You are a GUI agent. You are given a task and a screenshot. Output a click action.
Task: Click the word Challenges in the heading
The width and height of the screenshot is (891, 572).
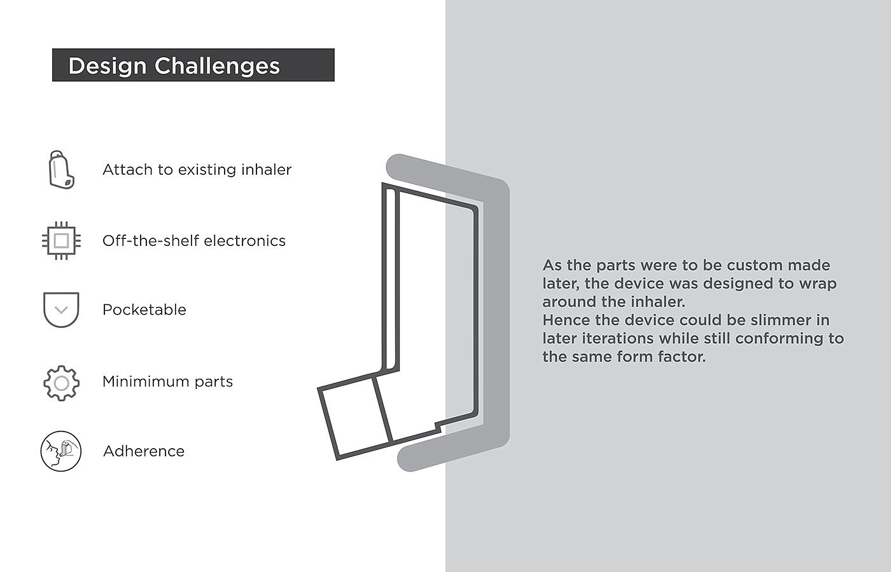coord(217,66)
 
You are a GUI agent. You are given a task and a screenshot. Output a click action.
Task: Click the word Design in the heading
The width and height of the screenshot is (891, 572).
coord(108,66)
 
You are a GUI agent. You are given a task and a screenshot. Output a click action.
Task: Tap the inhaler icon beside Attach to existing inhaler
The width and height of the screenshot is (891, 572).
coord(61,170)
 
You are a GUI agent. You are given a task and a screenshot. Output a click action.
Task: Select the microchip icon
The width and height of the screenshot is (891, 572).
coord(61,241)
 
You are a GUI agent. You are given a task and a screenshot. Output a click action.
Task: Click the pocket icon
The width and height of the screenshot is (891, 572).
coord(61,310)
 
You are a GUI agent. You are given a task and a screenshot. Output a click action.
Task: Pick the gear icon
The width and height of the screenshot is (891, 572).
coord(61,383)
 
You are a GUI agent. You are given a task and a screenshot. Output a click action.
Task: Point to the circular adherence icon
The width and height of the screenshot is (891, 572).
coord(61,451)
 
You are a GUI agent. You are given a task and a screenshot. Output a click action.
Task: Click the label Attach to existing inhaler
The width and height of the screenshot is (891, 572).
coord(197,170)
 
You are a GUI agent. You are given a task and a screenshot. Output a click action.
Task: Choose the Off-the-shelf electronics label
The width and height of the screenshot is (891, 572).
coord(194,241)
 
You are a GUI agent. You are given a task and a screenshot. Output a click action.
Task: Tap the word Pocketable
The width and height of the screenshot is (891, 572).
coord(144,310)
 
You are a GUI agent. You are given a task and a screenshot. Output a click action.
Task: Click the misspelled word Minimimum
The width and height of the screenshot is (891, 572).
coord(144,381)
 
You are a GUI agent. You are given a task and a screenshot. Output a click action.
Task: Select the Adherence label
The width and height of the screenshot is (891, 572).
coord(144,451)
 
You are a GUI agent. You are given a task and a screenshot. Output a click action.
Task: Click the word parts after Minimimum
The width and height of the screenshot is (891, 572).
coord(213,382)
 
